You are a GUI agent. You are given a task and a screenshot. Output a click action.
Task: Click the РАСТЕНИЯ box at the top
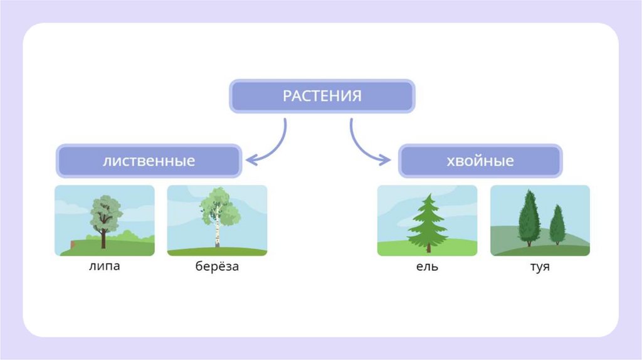(322, 97)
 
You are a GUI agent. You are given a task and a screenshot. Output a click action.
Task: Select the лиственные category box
(149, 161)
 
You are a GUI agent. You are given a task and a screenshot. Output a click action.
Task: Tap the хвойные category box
(480, 161)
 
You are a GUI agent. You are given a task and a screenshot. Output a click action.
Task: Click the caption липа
(104, 266)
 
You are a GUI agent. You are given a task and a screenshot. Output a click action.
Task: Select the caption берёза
(217, 267)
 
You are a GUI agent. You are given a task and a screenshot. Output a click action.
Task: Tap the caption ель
(427, 267)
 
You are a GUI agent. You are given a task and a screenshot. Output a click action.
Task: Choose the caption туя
(539, 267)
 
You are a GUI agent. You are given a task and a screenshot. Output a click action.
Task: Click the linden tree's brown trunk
(103, 239)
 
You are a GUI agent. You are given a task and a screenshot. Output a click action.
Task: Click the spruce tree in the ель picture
(428, 223)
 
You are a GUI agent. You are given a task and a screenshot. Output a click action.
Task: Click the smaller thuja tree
(557, 225)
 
